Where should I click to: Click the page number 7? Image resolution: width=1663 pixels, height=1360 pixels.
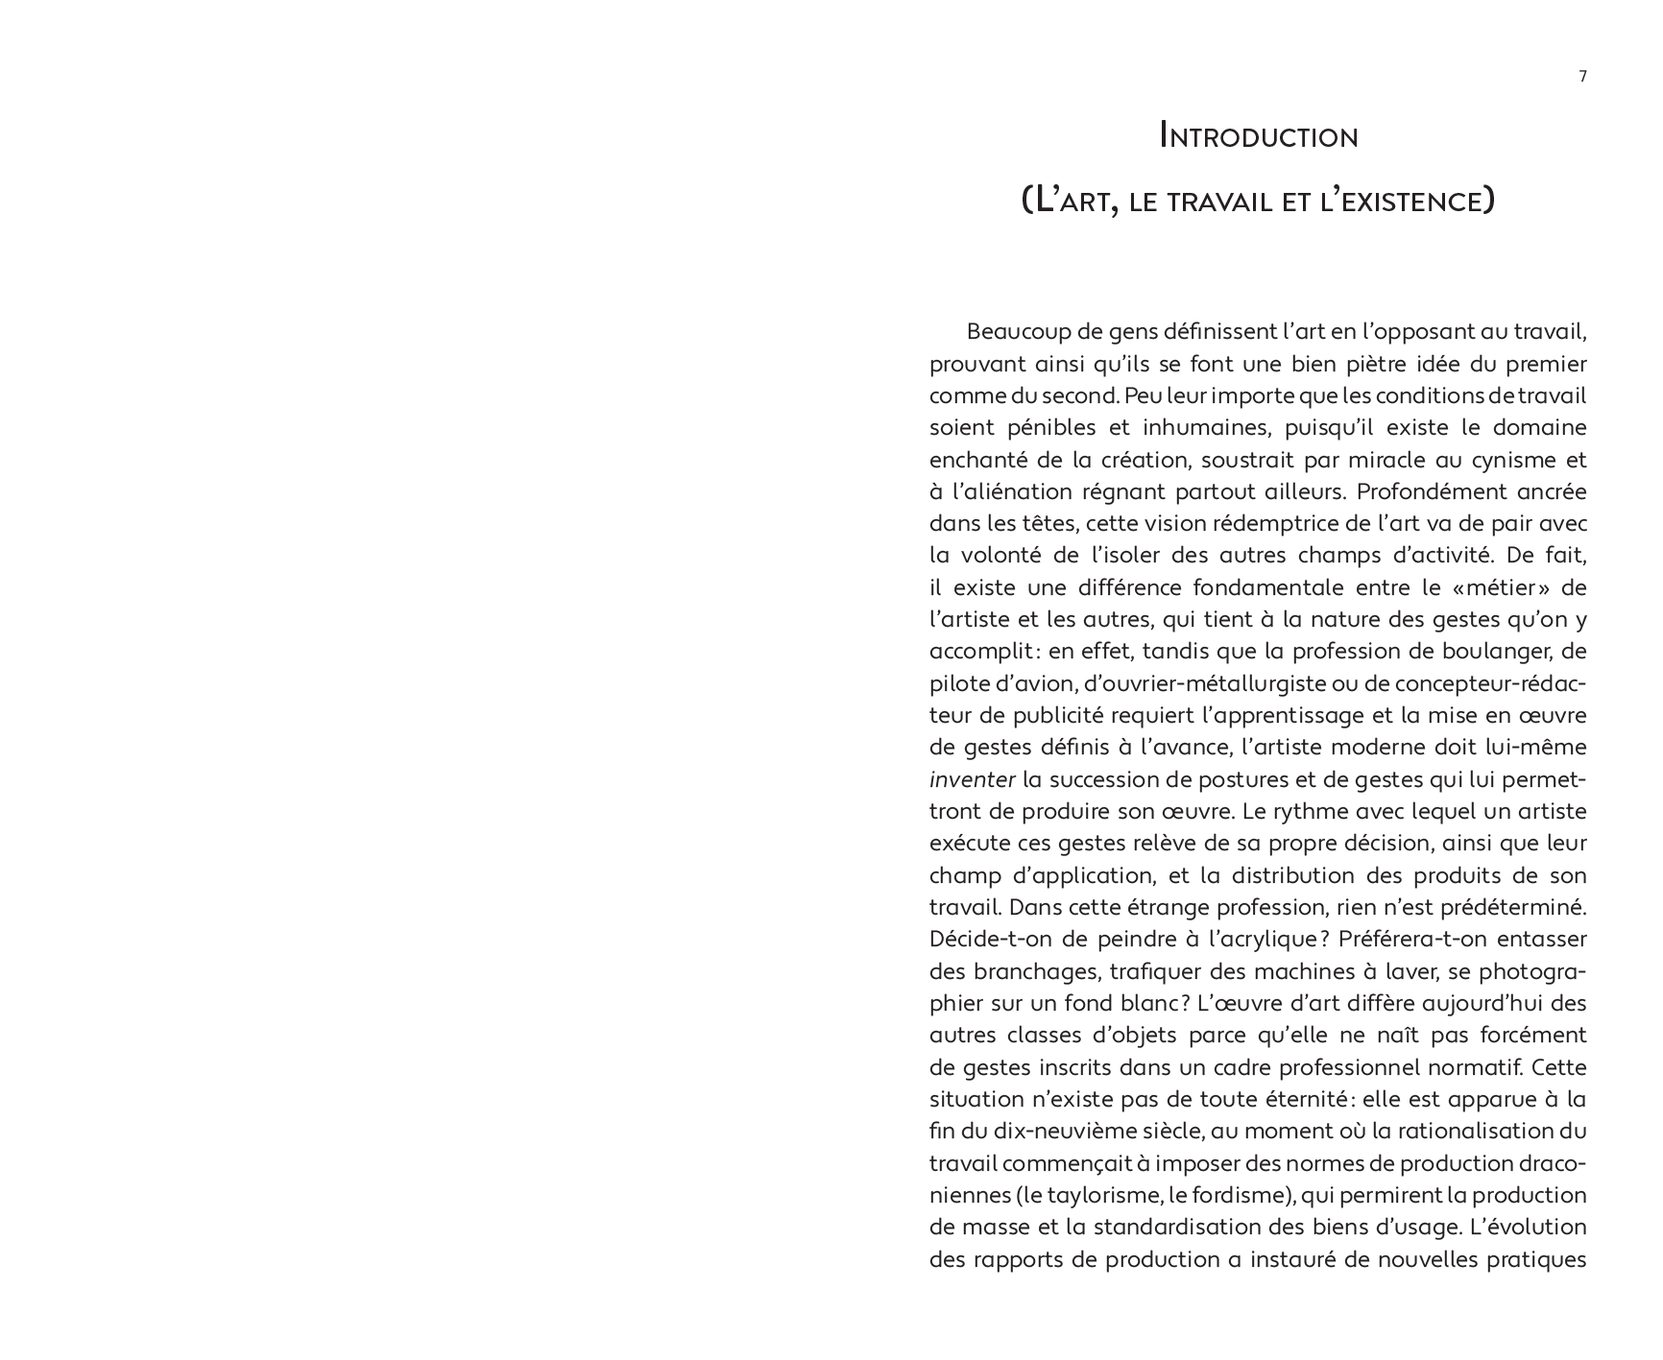[1582, 77]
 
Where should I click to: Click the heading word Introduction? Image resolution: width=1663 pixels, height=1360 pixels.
[1259, 136]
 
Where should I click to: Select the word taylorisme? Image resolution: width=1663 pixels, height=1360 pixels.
[1097, 1195]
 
